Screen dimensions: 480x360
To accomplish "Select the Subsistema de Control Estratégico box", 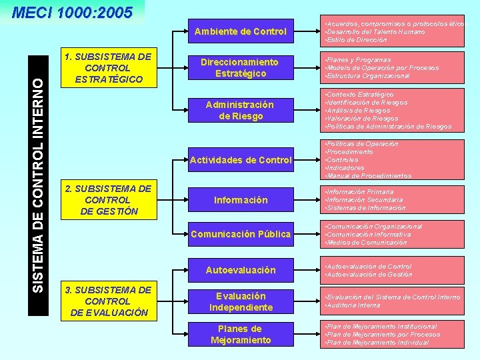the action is pos(107,68).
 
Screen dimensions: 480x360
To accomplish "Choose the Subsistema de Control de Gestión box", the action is pos(107,199).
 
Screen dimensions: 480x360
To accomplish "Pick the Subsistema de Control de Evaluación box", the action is pos(107,301).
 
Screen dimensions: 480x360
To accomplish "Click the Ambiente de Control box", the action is pos(240,31).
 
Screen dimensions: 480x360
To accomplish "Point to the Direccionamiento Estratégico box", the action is pos(240,67).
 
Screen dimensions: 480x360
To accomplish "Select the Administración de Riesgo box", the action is pos(240,110).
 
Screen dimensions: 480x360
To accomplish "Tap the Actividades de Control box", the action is pos(240,160).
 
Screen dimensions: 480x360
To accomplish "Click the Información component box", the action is pos(240,200).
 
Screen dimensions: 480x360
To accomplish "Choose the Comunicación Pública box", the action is pos(240,234).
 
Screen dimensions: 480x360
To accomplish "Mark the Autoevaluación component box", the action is pos(240,270).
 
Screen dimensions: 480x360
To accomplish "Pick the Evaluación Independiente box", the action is pos(240,301).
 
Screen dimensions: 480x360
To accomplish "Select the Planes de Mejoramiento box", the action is pos(240,334).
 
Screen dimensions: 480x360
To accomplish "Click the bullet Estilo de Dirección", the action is pos(356,40).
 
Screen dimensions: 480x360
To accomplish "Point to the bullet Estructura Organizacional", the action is pos(367,75).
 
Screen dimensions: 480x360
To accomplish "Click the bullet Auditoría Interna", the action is pos(353,305).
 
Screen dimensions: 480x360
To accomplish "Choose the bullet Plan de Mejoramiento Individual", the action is pos(377,343).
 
